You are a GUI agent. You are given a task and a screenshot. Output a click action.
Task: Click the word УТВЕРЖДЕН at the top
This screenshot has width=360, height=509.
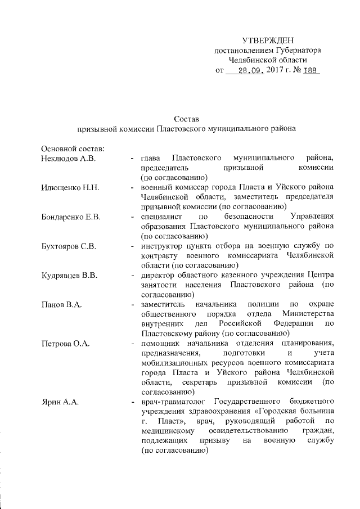[x=266, y=40]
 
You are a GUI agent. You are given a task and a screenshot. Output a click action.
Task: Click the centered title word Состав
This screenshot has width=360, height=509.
[x=187, y=118]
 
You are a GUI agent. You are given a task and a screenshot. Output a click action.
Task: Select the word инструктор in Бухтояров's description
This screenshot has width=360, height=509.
[x=162, y=246]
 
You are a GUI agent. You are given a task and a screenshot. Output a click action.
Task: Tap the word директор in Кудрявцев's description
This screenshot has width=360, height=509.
[x=159, y=276]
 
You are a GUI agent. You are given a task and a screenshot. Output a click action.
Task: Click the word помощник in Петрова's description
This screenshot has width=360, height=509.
[x=161, y=344]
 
